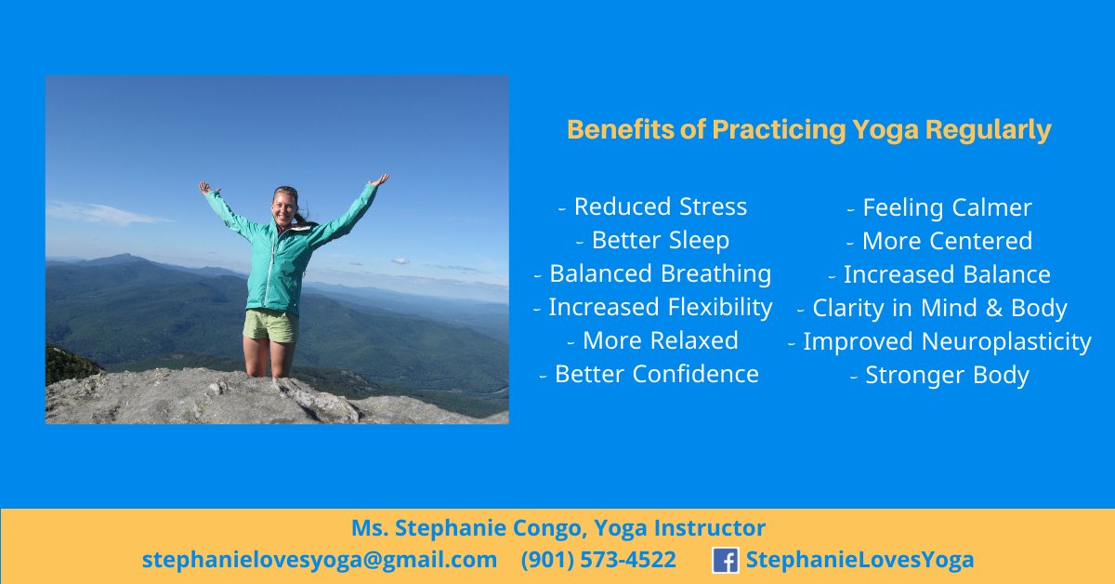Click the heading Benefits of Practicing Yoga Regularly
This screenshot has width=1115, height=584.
[808, 130]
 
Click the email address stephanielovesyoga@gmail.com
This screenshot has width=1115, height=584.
[320, 560]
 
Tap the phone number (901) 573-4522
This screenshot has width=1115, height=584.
[598, 560]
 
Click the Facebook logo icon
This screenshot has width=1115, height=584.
[726, 560]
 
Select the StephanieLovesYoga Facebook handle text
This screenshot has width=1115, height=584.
[859, 560]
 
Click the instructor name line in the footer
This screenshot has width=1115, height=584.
[557, 529]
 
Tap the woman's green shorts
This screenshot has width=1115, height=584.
[270, 326]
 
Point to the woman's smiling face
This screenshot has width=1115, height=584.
[284, 205]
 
